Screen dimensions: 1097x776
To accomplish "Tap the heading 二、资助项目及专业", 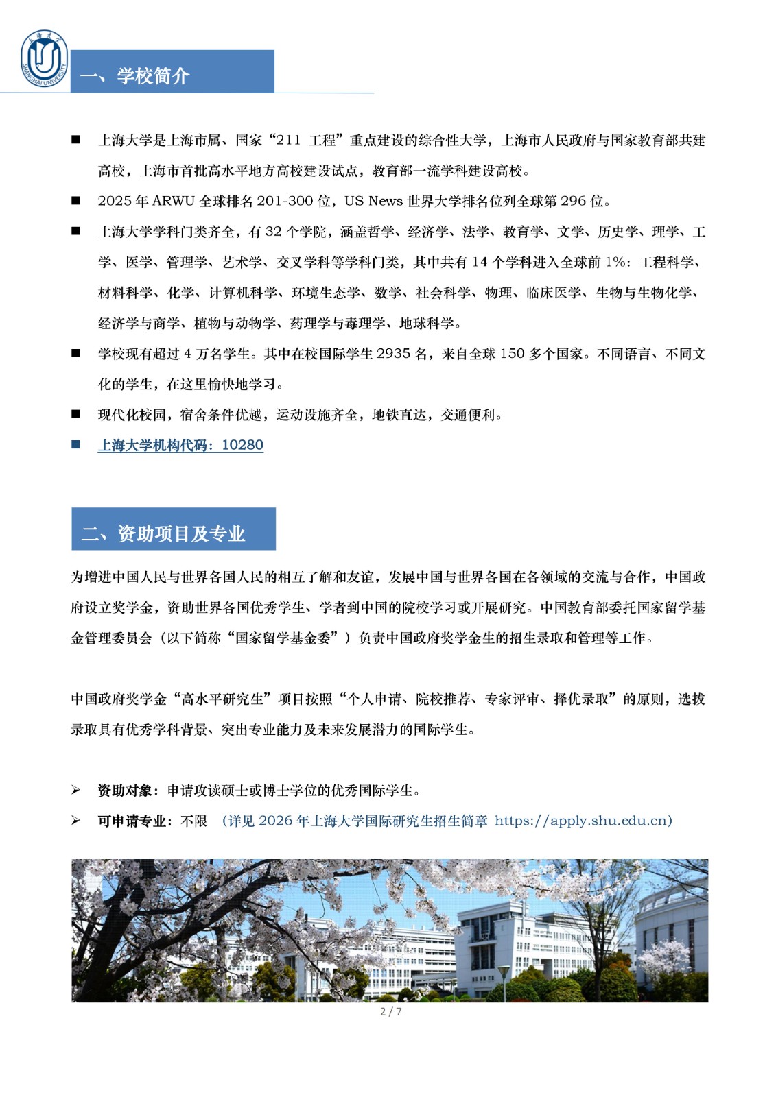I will coord(163,533).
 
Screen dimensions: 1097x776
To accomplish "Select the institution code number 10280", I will coord(243,445).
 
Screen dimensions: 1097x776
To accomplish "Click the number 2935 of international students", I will coord(394,354).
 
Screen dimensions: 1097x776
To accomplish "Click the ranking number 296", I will coord(573,201).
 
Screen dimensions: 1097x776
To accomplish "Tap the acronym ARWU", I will coord(174,201).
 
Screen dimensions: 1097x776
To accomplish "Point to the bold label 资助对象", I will coord(125,791).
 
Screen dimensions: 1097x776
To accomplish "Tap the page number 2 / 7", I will coord(390,1011).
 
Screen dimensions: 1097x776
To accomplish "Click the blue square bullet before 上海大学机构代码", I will coord(75,445).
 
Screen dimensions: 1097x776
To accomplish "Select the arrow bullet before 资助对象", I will coord(75,791).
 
